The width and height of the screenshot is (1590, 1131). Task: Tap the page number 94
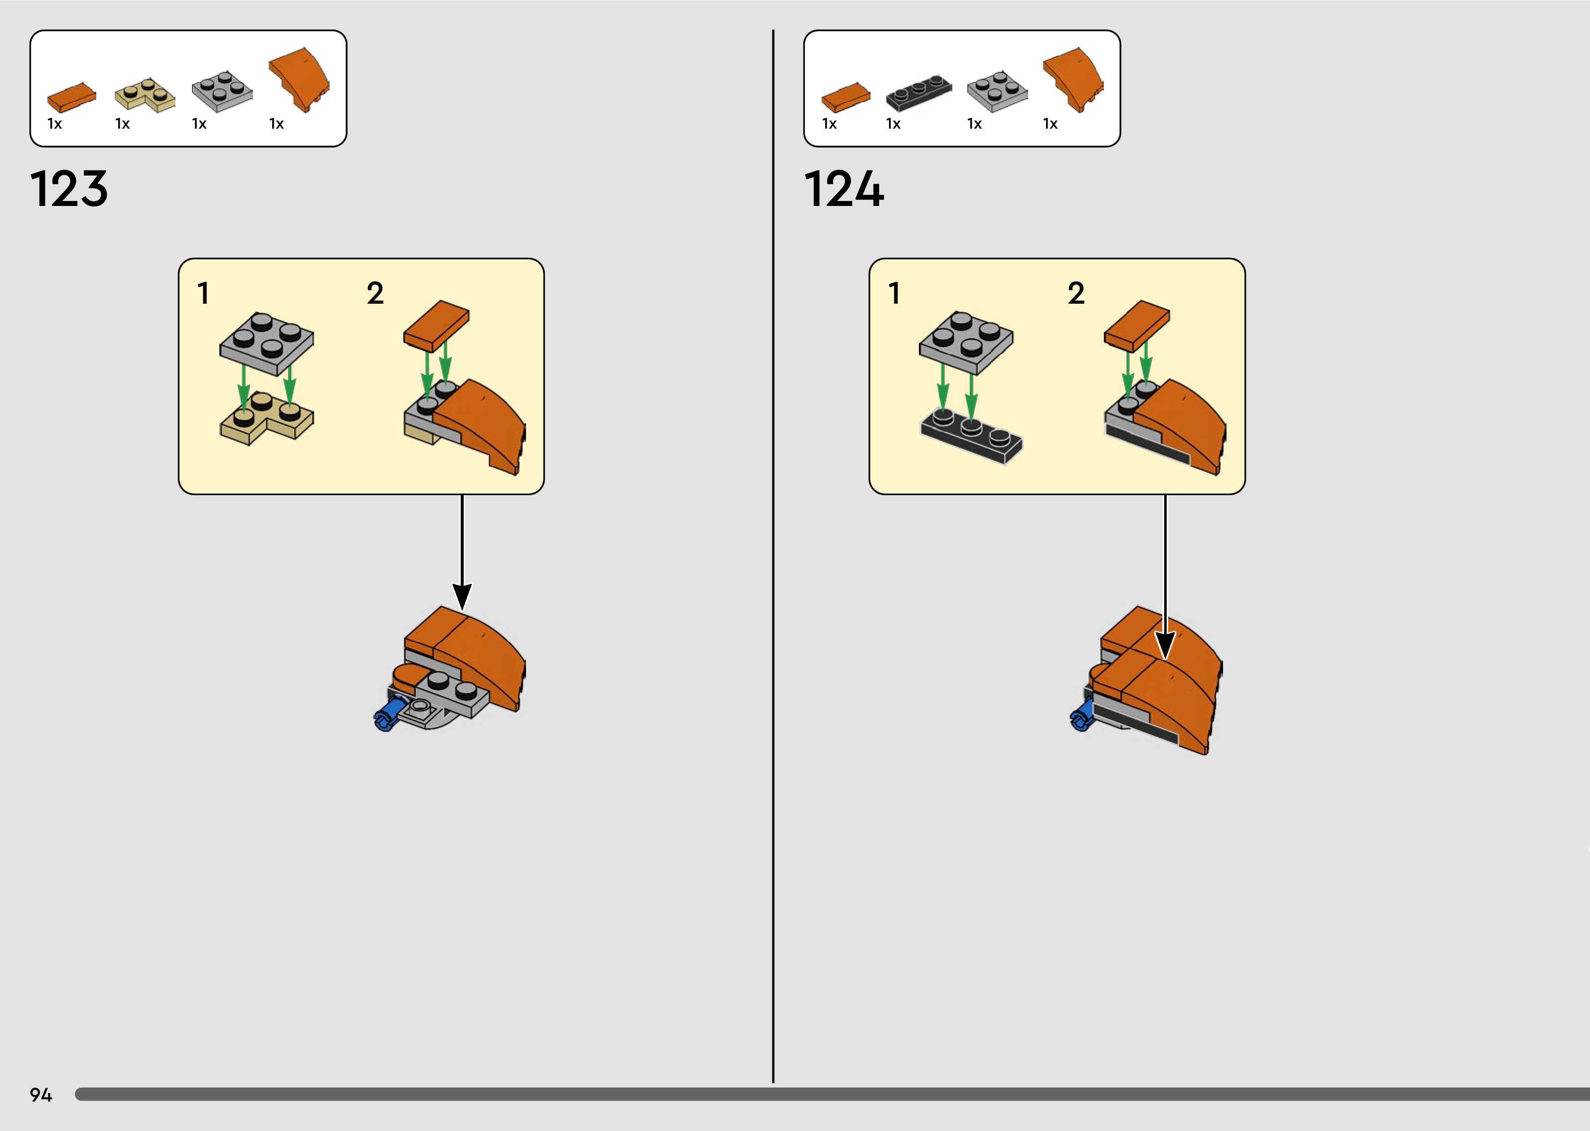40,1095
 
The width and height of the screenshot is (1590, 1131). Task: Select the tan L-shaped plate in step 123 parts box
145,96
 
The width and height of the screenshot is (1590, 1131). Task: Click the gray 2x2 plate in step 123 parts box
222,91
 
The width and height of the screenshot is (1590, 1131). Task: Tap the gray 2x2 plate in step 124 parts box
997,91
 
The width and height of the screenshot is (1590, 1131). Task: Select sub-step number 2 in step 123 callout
375,293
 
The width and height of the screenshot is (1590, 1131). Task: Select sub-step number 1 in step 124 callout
894,293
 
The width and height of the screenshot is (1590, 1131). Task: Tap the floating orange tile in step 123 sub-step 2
436,325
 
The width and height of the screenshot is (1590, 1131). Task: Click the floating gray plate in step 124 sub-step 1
966,341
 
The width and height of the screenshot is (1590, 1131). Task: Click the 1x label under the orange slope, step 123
276,124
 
